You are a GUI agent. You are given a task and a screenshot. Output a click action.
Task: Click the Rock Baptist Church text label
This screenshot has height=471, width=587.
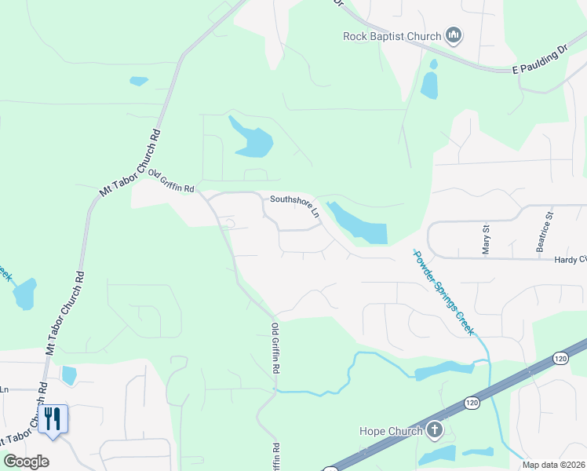point(392,35)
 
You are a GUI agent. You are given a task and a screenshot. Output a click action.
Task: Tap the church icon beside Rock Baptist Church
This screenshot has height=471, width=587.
point(453,35)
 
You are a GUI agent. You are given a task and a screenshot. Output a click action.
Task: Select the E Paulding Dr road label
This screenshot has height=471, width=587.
point(540,60)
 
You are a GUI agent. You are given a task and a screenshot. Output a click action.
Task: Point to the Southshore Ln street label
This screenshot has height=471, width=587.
point(294,206)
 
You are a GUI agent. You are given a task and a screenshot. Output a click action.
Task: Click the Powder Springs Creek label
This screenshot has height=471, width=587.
point(443,292)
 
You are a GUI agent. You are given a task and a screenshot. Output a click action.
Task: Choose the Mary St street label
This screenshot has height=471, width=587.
point(486,239)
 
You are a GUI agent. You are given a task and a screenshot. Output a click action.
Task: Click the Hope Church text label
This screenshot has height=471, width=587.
point(390,431)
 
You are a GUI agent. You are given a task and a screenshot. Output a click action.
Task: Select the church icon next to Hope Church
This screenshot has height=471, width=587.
point(436,430)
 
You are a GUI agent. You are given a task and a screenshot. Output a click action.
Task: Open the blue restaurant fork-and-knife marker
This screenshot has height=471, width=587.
point(53,418)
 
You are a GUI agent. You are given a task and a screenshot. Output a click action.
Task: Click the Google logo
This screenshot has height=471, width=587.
point(26,462)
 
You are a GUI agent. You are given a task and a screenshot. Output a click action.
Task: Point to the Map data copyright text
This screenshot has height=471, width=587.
point(554,465)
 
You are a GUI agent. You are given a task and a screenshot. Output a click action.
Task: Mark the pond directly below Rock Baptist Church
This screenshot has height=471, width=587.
point(429,85)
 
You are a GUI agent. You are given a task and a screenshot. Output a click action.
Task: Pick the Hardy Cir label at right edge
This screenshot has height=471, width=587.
point(570,259)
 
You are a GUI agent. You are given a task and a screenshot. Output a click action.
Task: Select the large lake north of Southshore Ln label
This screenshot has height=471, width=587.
point(252,137)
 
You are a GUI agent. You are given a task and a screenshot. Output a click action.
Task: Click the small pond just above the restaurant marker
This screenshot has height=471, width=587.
point(68,375)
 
